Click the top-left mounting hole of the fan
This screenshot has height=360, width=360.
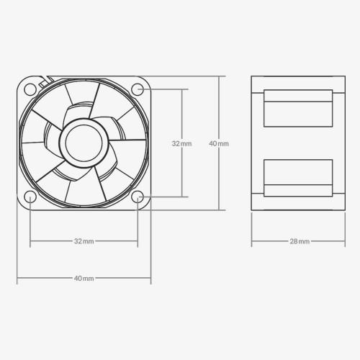[x=30, y=89]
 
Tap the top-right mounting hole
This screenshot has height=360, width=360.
[x=138, y=89]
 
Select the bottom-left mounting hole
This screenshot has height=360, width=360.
[x=30, y=197]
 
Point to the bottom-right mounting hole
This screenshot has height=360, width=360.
[x=138, y=197]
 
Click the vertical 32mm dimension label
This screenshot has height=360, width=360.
[x=182, y=144]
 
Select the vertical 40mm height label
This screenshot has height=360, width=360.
[x=219, y=144]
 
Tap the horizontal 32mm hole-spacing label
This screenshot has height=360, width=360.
[x=84, y=241]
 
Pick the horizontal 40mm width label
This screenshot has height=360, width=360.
[x=84, y=278]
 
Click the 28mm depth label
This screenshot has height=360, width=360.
[x=300, y=241]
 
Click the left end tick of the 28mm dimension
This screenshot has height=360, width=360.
[x=251, y=241]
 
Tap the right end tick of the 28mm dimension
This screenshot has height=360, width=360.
[x=348, y=241]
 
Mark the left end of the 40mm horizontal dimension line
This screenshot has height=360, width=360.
[x=17, y=278]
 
